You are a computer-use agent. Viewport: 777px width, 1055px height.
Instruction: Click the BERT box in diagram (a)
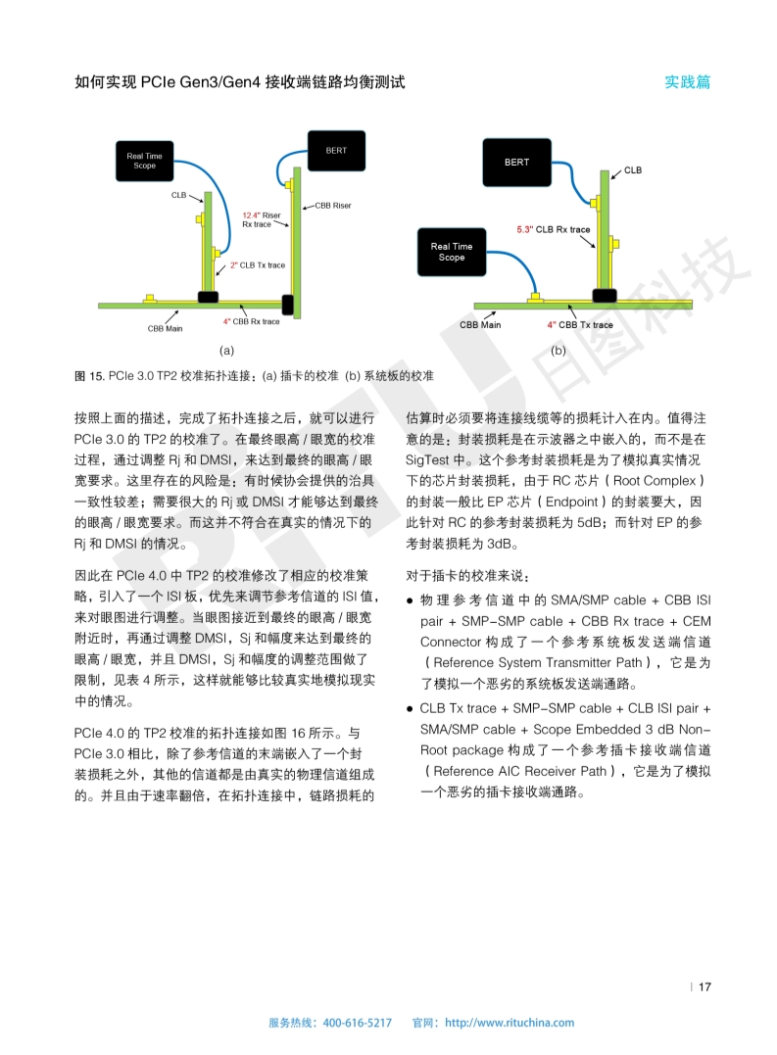click(x=336, y=150)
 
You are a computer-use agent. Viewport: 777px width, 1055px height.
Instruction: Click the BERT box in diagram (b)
click(x=517, y=163)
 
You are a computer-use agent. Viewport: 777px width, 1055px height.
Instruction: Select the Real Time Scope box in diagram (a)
click(x=145, y=161)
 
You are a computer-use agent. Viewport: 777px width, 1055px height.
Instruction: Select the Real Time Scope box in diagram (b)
click(x=452, y=252)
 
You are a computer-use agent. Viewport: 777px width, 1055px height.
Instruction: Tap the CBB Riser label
click(x=332, y=206)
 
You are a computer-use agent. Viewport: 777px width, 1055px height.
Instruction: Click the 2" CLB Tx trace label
click(x=258, y=264)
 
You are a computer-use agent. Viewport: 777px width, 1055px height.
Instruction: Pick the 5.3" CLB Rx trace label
click(x=554, y=230)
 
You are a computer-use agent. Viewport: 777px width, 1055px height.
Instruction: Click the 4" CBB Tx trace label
click(x=580, y=324)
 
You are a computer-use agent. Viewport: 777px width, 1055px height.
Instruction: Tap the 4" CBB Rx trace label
click(x=251, y=321)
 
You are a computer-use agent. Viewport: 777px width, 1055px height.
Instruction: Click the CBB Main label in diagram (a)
click(x=165, y=329)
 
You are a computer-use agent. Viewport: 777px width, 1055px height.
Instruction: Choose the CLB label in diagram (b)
click(x=633, y=170)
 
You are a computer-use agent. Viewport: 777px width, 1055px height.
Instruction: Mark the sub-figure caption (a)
click(x=225, y=350)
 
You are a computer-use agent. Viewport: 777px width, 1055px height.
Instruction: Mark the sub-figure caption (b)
click(x=558, y=350)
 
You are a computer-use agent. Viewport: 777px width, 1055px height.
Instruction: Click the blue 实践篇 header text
click(x=688, y=82)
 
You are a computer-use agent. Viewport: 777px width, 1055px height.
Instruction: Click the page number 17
click(x=704, y=986)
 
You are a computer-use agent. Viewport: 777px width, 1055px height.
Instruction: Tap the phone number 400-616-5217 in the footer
click(x=357, y=1023)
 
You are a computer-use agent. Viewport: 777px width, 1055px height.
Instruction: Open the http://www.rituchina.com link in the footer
click(x=510, y=1023)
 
